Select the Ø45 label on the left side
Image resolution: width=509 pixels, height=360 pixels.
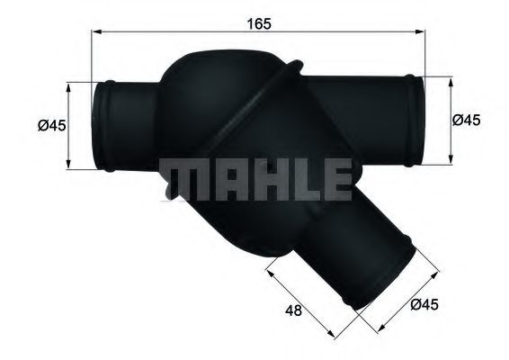(x=52, y=126)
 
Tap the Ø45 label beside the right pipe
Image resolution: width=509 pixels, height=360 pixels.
(x=465, y=120)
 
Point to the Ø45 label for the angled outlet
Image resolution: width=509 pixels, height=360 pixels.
(x=424, y=306)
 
